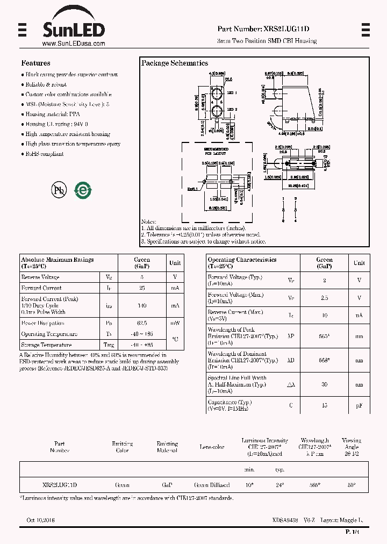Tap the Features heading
pos(35,63)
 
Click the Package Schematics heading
pos(175,63)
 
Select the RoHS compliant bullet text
pos(45,154)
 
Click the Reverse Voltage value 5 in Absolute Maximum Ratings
pos(142,277)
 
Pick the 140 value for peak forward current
pos(142,305)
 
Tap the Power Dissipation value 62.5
pos(142,324)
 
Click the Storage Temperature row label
pos(46,345)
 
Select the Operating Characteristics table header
pos(242,262)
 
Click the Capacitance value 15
pos(324,405)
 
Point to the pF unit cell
pos(359,405)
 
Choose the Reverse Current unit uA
pos(359,316)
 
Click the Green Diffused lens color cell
pos(212,485)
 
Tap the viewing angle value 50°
pos(351,485)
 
